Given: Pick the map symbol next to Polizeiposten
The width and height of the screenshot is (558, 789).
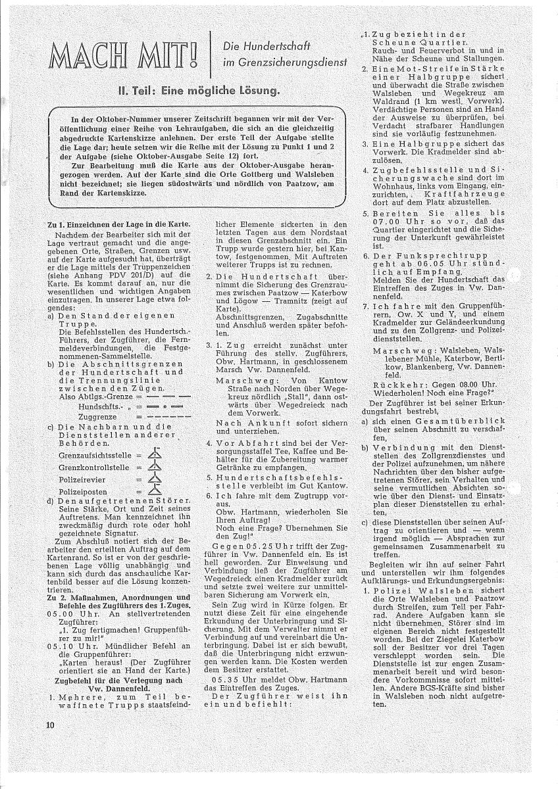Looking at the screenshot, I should point(153,490).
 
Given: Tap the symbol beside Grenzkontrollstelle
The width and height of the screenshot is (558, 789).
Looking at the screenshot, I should point(153,466).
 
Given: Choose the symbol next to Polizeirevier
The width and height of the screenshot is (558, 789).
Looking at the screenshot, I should point(153,478).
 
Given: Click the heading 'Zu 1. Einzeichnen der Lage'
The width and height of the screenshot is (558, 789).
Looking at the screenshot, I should point(119,224).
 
